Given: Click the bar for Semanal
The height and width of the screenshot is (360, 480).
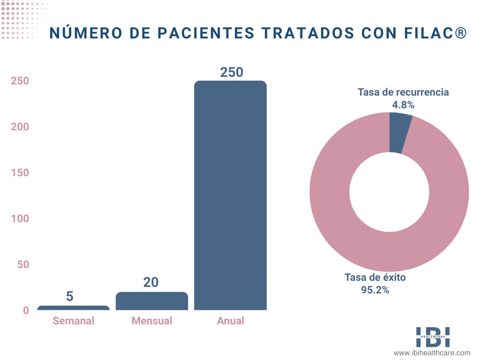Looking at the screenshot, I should [73, 308].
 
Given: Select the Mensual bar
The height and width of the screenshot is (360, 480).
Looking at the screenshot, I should [152, 301].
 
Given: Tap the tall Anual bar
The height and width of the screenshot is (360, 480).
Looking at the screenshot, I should [230, 195].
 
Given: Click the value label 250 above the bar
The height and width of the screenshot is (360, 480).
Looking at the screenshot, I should [232, 73].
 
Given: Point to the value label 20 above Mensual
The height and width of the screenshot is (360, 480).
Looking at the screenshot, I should [151, 283].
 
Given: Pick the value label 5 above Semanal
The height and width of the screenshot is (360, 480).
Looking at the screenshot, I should [70, 297].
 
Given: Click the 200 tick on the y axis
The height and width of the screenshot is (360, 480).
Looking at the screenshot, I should [20, 127].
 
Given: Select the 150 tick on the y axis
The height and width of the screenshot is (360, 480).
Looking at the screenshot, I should [20, 172].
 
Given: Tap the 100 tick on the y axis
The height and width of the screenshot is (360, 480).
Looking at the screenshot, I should [20, 218].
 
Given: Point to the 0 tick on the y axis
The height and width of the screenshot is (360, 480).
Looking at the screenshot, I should [26, 310].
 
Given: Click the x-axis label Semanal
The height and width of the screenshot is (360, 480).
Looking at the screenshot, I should [74, 321].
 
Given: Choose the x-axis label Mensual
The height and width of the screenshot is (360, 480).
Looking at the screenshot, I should [152, 321].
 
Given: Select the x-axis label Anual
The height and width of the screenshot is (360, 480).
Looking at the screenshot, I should [231, 321].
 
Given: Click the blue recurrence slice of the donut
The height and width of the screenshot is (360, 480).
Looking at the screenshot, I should [399, 133].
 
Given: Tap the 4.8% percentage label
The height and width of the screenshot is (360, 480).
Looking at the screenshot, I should [403, 105].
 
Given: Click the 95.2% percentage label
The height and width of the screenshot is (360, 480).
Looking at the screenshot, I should [375, 290].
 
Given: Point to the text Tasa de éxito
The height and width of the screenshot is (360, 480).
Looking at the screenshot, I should [375, 277].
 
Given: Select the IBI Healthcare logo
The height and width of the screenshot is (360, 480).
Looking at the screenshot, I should [433, 337].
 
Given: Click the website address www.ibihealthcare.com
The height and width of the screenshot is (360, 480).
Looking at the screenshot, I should [432, 353].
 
